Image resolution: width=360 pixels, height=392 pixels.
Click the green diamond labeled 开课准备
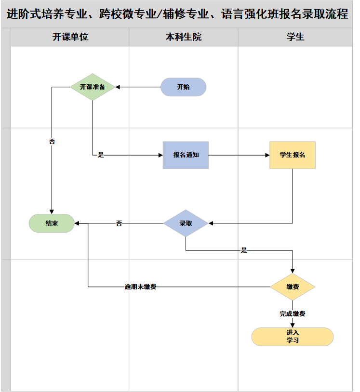tap(93, 87)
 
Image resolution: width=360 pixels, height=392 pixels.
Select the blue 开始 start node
tap(183, 87)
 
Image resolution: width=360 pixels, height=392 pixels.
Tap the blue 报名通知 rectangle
tap(186, 155)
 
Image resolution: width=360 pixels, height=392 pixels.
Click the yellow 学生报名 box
tap(293, 155)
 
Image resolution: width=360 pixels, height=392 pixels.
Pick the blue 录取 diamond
tap(186, 223)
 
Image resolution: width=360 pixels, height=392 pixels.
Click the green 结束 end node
tap(52, 223)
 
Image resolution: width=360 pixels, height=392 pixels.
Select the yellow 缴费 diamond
tap(293, 287)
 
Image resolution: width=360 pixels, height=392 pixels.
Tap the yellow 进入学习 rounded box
tap(293, 337)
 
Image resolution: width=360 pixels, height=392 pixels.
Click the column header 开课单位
tap(70, 37)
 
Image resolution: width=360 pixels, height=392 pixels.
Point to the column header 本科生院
tap(184, 37)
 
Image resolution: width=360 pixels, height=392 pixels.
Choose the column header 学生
tap(295, 37)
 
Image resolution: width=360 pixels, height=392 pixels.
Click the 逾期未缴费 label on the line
tap(140, 287)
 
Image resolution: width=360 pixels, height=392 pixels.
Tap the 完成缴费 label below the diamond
tap(293, 314)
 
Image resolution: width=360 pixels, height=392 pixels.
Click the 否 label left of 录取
tap(119, 223)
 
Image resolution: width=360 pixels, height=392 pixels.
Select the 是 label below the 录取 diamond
tap(244, 250)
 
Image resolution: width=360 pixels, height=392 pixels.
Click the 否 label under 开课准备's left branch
tap(52, 142)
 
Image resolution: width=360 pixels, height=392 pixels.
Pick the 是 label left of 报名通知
tap(101, 155)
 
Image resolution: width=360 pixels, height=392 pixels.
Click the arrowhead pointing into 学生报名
tap(267, 155)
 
